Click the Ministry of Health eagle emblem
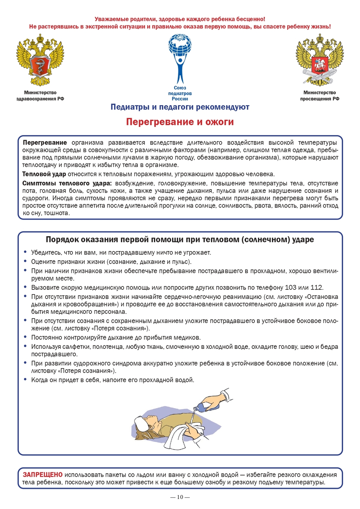tap(40, 60)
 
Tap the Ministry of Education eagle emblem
tap(319, 60)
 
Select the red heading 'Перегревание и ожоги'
tap(180, 122)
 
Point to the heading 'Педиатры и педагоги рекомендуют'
tap(180, 107)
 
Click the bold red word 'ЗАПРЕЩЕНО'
tap(42, 475)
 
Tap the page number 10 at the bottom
tap(180, 497)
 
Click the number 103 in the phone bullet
tap(290, 288)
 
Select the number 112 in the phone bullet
tap(317, 288)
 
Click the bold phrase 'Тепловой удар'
tap(44, 174)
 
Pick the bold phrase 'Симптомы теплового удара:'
tap(67, 184)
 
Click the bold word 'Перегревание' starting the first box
tap(45, 143)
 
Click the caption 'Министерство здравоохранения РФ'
tap(40, 96)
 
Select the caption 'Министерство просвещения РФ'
tap(320, 96)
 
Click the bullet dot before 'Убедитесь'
tap(25, 252)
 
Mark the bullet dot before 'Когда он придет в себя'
tap(25, 379)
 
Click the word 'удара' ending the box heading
tap(303, 240)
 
